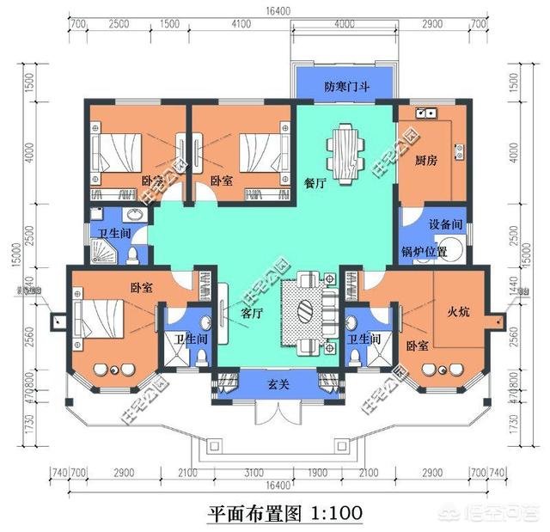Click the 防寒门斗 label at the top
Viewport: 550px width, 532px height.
click(345, 87)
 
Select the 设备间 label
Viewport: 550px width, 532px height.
click(446, 224)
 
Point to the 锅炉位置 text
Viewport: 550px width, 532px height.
click(425, 252)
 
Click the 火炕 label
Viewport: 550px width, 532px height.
click(457, 313)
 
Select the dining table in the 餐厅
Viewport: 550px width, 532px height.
click(345, 155)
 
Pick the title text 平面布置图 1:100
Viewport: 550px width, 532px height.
click(284, 512)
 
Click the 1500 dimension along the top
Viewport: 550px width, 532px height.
click(170, 26)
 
